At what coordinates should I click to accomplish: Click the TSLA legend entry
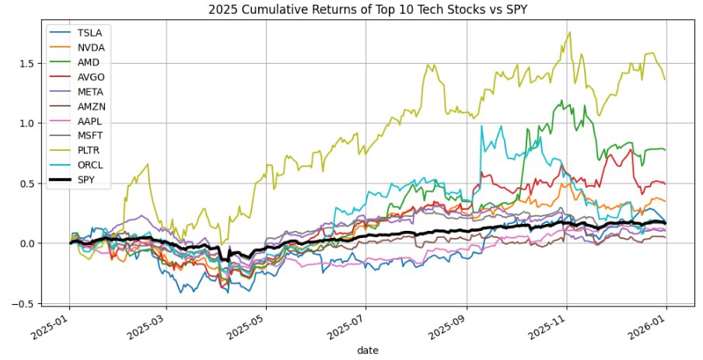click(x=89, y=33)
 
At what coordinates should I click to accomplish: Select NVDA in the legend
click(x=91, y=47)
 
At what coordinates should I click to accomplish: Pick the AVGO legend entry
click(x=91, y=78)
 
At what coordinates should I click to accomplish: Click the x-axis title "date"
click(x=367, y=351)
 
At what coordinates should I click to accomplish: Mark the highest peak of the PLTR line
click(x=569, y=33)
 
